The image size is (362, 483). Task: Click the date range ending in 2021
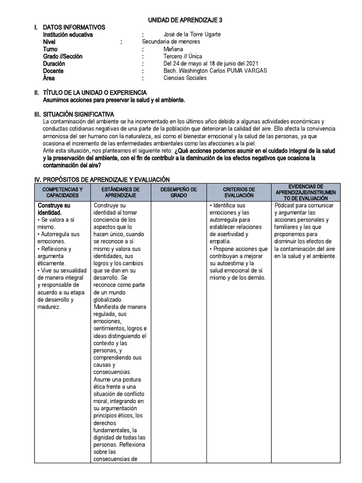[x=211, y=64]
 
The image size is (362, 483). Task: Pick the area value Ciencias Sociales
[x=185, y=78]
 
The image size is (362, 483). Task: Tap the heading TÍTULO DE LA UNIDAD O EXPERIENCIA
[x=94, y=92]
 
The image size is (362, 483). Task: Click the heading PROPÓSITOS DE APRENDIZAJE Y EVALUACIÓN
[x=106, y=180]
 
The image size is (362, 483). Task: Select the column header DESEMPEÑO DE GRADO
[x=178, y=192]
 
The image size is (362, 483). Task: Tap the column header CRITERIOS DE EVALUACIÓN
[x=239, y=192]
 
